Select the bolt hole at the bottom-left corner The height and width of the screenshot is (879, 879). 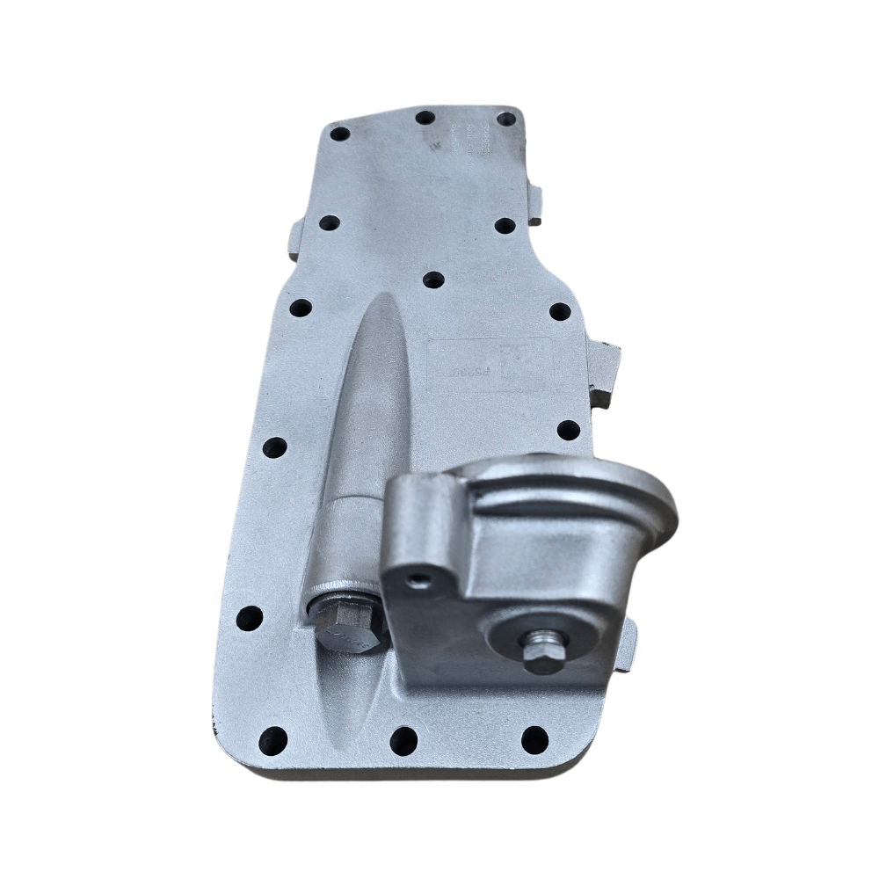273,739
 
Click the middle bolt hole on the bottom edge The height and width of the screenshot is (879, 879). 403,740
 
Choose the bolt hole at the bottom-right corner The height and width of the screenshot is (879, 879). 534,739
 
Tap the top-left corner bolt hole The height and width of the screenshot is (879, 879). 339,134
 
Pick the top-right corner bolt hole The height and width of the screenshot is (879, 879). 506,119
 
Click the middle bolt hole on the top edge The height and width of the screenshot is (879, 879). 425,117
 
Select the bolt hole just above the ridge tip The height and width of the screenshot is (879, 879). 433,280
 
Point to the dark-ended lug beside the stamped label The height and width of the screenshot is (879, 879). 604,374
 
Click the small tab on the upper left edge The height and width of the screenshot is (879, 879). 296,239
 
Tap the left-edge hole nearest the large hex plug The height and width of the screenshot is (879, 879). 250,618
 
